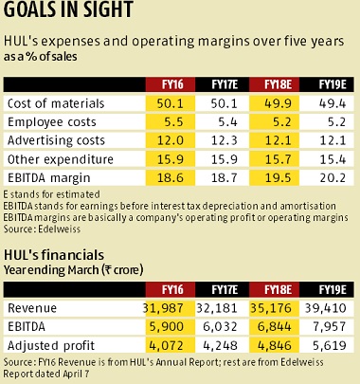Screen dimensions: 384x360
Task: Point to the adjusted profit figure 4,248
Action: click(x=220, y=348)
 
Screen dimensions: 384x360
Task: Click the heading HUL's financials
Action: click(x=58, y=254)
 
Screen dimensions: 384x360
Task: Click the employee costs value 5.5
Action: click(x=171, y=123)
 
